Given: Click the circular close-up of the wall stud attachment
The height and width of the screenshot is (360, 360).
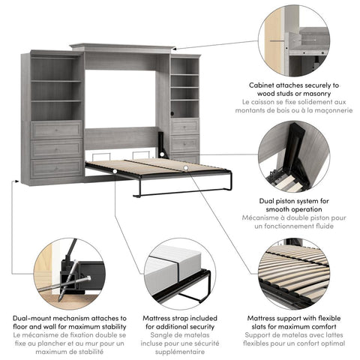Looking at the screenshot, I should click(x=294, y=41).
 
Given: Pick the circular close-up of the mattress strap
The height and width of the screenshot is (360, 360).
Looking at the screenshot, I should click(x=179, y=274).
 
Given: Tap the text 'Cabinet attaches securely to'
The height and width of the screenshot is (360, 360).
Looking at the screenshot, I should click(x=294, y=86).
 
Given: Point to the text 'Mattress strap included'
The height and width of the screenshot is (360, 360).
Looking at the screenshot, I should click(x=179, y=319).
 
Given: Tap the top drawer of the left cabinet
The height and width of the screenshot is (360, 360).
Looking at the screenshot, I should click(x=57, y=130).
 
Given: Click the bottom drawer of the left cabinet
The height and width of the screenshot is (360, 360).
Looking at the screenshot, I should click(x=57, y=167).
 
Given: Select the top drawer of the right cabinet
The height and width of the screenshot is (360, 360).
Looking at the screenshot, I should click(x=184, y=125).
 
